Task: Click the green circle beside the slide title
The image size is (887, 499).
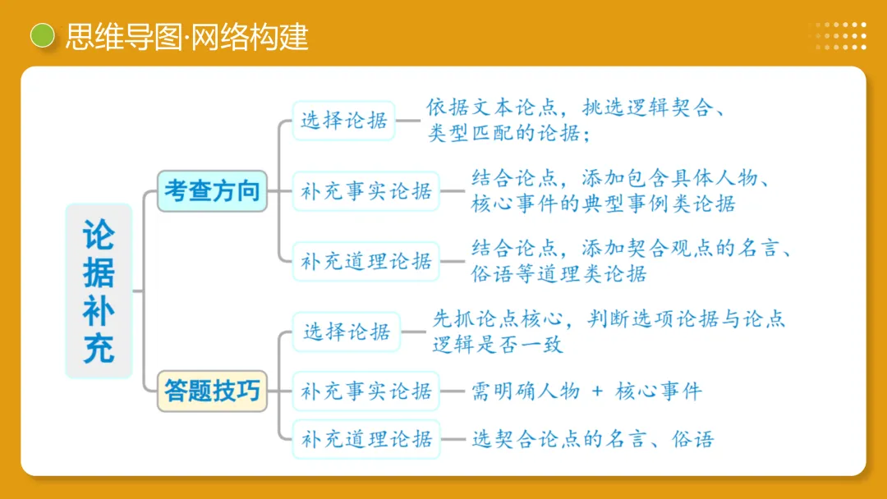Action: pyautogui.click(x=42, y=36)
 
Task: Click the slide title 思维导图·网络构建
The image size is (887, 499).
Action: pyautogui.click(x=186, y=37)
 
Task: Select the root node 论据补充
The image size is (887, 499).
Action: pyautogui.click(x=99, y=291)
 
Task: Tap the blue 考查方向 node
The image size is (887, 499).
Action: pyautogui.click(x=212, y=191)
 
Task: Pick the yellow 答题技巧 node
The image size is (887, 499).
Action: pyautogui.click(x=212, y=391)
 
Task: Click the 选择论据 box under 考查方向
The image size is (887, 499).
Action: pyautogui.click(x=344, y=121)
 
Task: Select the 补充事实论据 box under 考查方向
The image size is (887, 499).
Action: pyautogui.click(x=366, y=192)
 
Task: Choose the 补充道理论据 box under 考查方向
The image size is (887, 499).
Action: pyautogui.click(x=366, y=262)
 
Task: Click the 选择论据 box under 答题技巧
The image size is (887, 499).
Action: pyautogui.click(x=347, y=332)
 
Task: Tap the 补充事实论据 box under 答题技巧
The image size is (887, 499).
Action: pyautogui.click(x=366, y=391)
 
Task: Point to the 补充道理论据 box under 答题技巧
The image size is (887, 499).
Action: pyautogui.click(x=366, y=439)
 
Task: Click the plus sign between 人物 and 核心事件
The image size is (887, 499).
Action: pyautogui.click(x=597, y=391)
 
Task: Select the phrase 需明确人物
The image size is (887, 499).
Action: pyautogui.click(x=526, y=391)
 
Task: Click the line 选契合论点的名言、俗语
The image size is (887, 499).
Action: pyautogui.click(x=592, y=439)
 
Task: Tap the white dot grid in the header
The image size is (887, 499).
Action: pyautogui.click(x=837, y=36)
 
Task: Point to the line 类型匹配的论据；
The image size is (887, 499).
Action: pyautogui.click(x=508, y=133)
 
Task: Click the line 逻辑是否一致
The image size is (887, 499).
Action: pyautogui.click(x=498, y=345)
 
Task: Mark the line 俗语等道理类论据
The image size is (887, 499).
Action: pyautogui.click(x=558, y=273)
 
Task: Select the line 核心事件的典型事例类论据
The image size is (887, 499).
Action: pyautogui.click(x=603, y=204)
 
